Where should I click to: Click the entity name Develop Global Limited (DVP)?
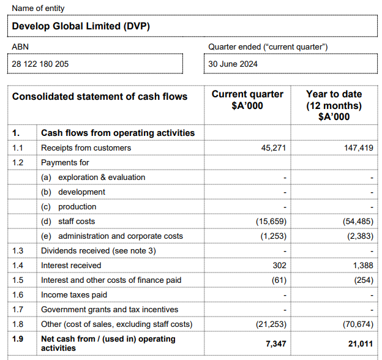click(81, 26)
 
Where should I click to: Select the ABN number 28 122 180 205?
click(40, 64)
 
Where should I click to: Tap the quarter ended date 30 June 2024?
click(233, 64)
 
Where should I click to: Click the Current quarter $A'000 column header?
click(247, 100)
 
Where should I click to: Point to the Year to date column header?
click(334, 105)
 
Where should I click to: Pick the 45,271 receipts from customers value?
click(273, 148)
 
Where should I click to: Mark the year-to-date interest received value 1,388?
click(362, 266)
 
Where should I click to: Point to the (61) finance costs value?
click(277, 280)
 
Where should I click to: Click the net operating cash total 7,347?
click(275, 343)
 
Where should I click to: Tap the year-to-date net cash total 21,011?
click(360, 343)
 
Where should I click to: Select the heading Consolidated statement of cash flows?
click(100, 97)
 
